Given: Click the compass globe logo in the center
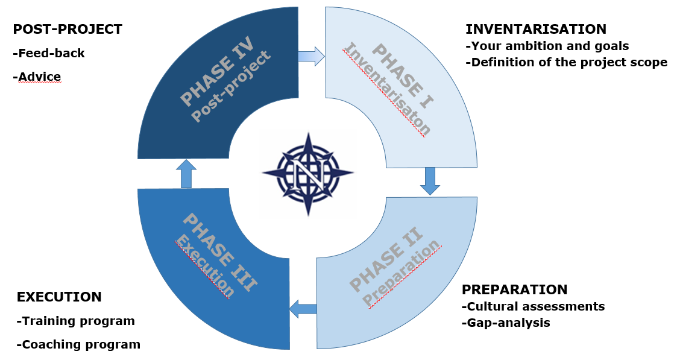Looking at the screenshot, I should tap(307, 174).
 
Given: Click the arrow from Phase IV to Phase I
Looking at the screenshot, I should tap(312, 57).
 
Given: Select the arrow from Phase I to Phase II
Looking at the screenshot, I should tap(430, 181).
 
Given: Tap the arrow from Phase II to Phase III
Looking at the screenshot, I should tap(303, 309).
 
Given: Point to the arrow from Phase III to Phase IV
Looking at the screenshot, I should tap(186, 174).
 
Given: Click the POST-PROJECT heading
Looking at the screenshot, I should tap(68, 29).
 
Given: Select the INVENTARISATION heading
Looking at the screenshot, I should tap(536, 29).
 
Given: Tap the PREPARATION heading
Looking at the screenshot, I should tap(514, 289).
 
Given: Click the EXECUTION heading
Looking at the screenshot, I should tap(59, 297).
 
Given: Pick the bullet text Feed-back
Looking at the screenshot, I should tap(49, 53).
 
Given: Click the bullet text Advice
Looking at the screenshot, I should tap(37, 77).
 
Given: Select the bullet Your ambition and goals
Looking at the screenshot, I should tap(547, 46).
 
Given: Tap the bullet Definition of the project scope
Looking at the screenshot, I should tap(567, 62).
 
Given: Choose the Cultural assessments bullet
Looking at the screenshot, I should tap(533, 306).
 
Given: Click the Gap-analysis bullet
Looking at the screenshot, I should tap(506, 323).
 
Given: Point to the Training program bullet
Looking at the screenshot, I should tap(75, 321).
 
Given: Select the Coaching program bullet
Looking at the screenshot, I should tap(78, 344).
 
